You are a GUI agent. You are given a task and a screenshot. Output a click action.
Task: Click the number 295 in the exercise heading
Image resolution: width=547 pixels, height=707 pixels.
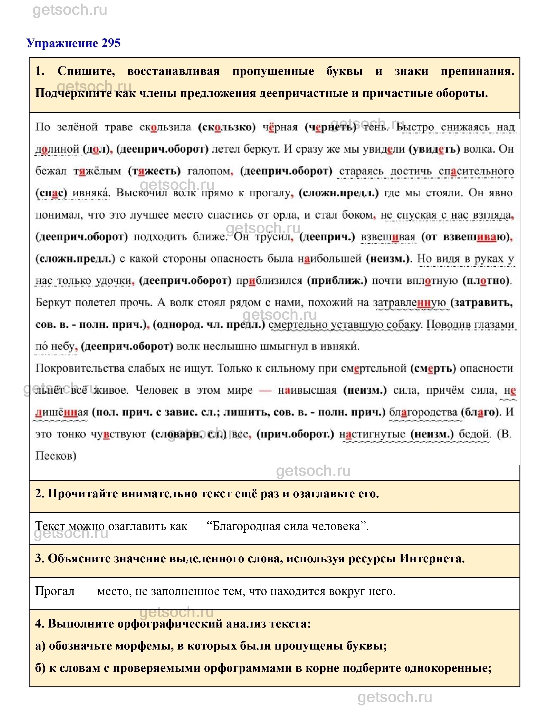click(x=111, y=43)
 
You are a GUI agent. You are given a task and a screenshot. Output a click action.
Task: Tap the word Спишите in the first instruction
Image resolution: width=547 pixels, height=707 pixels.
click(x=86, y=71)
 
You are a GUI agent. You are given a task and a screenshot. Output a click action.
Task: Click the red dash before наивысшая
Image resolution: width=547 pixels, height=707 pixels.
click(x=265, y=390)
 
